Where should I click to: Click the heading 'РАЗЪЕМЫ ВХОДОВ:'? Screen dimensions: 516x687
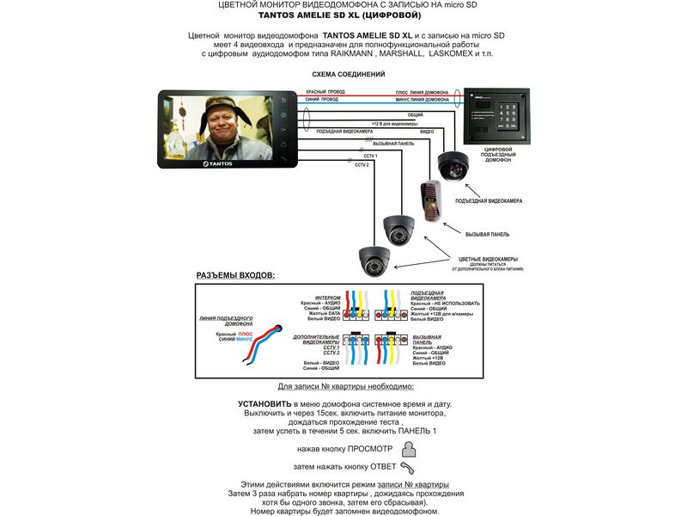[236, 275]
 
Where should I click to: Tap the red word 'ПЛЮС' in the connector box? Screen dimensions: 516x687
[245, 332]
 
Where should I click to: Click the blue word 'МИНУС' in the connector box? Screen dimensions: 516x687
[245, 339]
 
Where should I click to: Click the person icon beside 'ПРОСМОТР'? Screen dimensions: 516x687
[409, 448]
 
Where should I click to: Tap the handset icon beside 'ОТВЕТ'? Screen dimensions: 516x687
[409, 467]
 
